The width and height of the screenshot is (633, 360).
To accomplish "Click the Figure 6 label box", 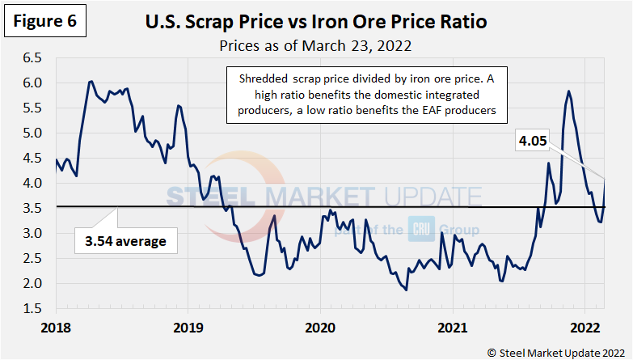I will point(44,22).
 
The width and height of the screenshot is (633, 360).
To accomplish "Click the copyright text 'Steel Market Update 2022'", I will point(558,351).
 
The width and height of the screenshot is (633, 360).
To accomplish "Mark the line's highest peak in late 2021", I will point(569,91).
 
